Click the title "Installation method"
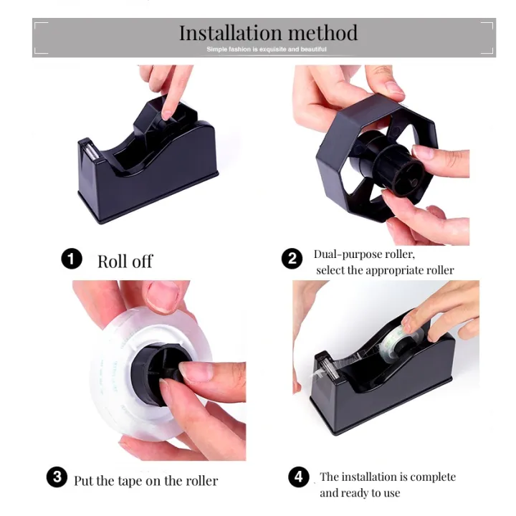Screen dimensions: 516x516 click(267, 33)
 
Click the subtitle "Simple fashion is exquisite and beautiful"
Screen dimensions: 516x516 click(266, 49)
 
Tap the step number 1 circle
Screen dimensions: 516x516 click(72, 259)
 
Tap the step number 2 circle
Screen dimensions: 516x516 click(292, 258)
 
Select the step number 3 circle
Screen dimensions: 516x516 click(57, 478)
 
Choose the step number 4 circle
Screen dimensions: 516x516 click(299, 477)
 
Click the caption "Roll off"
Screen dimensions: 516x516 click(125, 261)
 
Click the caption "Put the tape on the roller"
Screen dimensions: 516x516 click(145, 480)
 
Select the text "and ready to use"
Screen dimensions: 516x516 click(360, 493)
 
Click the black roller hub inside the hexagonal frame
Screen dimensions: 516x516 click(387, 161)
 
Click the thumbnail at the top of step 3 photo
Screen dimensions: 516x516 click(163, 295)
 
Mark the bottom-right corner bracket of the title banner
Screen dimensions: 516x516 click(488, 50)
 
